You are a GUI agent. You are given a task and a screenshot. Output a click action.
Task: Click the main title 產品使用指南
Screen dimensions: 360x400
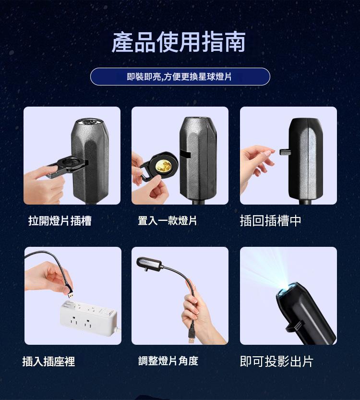click(179, 42)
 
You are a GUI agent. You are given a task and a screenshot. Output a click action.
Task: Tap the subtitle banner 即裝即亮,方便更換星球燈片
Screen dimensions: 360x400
click(180, 76)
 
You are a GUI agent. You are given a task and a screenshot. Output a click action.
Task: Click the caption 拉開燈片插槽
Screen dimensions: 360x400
click(60, 221)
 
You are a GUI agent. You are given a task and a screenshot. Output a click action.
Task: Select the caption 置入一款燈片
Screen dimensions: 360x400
click(167, 221)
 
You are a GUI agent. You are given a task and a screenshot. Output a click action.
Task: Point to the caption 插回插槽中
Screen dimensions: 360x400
click(271, 221)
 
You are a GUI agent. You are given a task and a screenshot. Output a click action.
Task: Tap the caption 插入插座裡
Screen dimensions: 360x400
click(48, 361)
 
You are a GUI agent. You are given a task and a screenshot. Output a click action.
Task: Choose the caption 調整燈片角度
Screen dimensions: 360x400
click(168, 361)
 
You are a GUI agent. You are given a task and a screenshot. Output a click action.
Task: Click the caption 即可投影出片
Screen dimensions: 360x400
click(276, 361)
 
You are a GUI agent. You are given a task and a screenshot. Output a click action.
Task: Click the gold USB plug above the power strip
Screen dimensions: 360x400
click(71, 295)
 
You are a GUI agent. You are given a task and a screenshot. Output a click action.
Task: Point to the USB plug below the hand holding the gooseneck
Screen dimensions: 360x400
click(192, 337)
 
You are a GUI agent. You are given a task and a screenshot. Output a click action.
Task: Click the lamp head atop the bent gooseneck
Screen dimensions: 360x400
click(150, 264)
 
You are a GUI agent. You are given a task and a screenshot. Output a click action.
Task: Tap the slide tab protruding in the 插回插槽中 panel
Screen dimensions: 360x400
click(285, 152)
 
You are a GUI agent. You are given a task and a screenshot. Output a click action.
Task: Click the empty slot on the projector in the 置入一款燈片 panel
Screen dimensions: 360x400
click(185, 154)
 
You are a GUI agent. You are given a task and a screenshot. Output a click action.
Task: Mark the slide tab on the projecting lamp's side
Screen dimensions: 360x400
click(295, 327)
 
